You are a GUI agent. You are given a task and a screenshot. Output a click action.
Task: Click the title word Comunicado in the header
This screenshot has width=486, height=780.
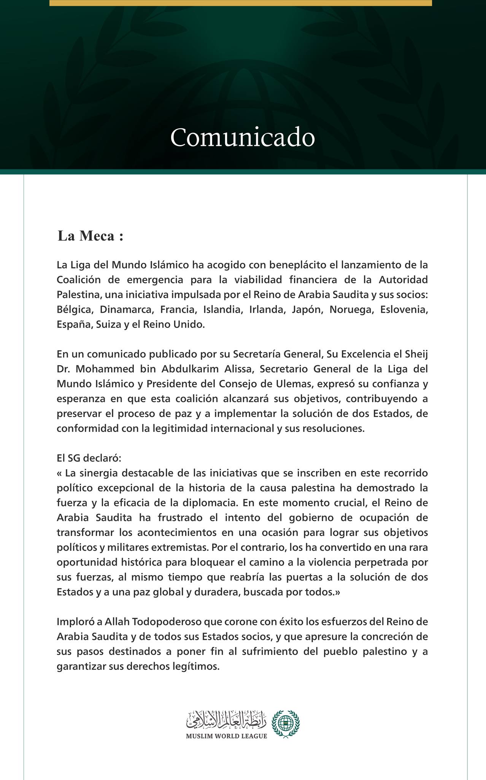click(x=243, y=137)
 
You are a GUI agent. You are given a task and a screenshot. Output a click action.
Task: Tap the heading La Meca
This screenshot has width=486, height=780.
click(x=91, y=236)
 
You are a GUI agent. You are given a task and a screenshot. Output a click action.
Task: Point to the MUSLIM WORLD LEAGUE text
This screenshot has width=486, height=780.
click(x=226, y=736)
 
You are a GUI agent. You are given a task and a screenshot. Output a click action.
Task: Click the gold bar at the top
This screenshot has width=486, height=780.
click(x=240, y=3)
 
